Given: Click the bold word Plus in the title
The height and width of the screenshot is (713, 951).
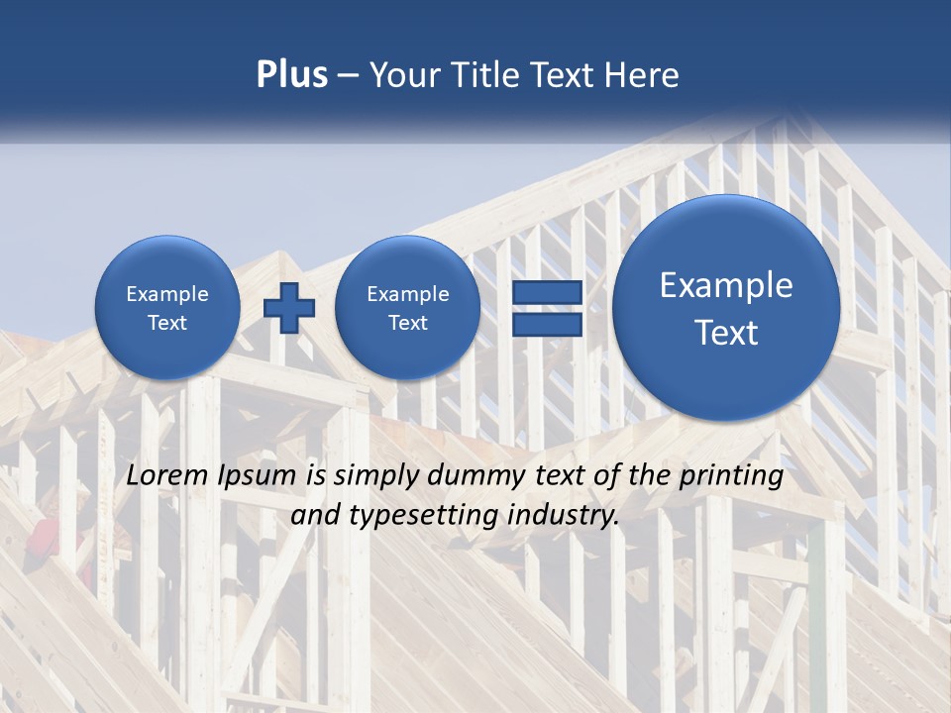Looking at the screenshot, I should tap(291, 75).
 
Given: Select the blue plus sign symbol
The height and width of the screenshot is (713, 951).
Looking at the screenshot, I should tap(289, 308).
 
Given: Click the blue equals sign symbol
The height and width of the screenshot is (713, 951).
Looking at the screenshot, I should tap(546, 308).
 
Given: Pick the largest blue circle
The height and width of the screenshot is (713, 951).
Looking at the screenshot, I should tap(726, 308).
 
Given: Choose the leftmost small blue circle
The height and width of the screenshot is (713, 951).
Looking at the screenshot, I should tap(167, 308).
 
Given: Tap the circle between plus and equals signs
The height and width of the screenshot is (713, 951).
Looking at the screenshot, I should tap(407, 308).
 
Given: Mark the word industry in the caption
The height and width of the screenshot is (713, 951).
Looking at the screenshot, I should tap(570, 516).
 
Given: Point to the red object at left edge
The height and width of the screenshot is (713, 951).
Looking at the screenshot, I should tap(42, 536).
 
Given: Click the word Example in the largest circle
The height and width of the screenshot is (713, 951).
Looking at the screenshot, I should tap(726, 285).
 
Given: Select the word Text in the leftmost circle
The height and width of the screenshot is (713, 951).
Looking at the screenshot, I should tap(167, 323).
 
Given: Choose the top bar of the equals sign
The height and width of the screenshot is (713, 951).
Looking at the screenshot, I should tap(546, 293).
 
